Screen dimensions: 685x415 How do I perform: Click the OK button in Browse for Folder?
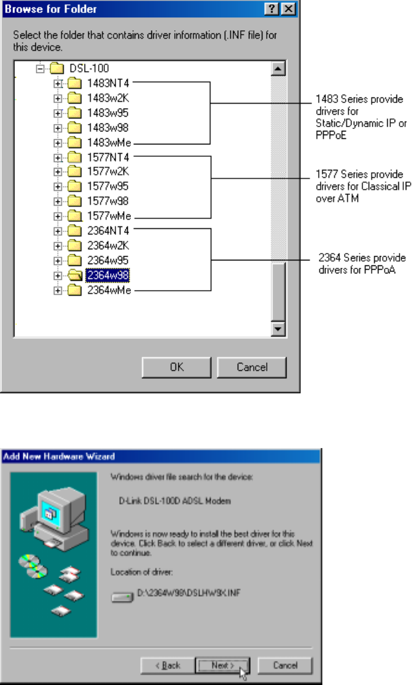pyautogui.click(x=177, y=367)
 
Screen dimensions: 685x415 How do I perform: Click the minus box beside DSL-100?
pyautogui.click(x=41, y=68)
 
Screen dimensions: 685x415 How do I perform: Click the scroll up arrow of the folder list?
pyautogui.click(x=278, y=68)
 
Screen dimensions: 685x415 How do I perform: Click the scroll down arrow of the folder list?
pyautogui.click(x=278, y=329)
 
